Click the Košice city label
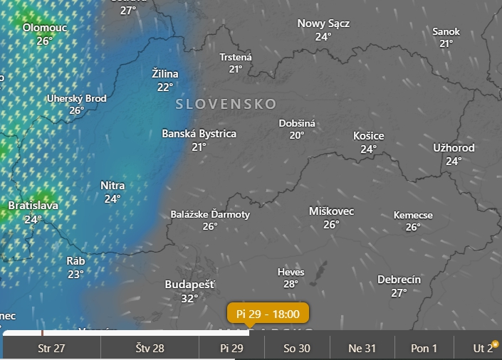coord(368,136)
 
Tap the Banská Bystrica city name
coord(199,134)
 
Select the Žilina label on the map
coord(165,74)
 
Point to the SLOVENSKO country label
coord(226,104)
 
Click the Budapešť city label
coord(189,284)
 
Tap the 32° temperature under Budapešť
coord(189,298)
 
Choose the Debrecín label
coord(399,280)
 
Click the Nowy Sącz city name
coord(323,23)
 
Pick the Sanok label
coord(446,31)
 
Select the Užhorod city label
coord(454,148)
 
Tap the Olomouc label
coord(45,28)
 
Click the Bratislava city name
coord(33,206)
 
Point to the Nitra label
coord(113,186)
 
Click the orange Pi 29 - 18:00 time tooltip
coord(268,313)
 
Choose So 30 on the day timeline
coord(297,348)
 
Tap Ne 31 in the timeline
coord(362,348)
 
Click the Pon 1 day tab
coord(424,348)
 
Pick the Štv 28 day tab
coord(150,348)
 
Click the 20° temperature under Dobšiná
coord(297,135)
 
